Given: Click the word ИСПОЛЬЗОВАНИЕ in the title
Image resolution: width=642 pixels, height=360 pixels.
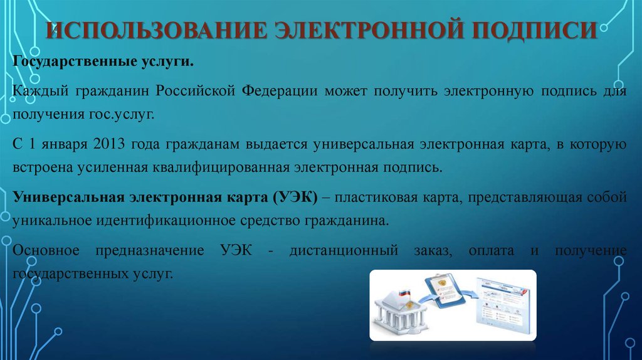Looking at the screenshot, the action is [x=155, y=30].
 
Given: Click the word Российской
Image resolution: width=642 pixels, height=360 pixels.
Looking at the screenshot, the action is [x=196, y=90].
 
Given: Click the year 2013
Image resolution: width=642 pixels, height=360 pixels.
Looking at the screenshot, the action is [x=108, y=144].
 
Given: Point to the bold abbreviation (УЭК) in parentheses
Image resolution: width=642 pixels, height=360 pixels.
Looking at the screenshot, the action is [x=295, y=198].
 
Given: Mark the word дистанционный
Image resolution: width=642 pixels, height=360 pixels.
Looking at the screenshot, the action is [x=344, y=250].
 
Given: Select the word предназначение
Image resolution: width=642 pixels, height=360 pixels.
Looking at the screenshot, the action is [x=149, y=250].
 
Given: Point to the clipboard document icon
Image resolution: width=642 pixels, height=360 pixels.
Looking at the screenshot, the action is [x=445, y=292].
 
